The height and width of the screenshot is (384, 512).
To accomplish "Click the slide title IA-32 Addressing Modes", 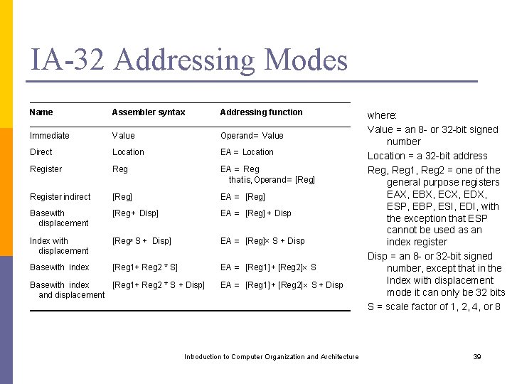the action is [188, 60].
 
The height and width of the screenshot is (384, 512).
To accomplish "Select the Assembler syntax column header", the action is [149, 112].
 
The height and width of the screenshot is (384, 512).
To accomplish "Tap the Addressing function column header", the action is [261, 112].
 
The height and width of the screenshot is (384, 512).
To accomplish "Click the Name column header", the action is [41, 112].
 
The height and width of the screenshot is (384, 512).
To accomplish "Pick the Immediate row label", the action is [50, 136].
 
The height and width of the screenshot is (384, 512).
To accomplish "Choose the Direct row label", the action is [41, 152].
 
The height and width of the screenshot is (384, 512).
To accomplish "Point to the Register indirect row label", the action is [60, 197].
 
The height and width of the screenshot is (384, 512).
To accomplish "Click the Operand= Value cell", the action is [252, 136].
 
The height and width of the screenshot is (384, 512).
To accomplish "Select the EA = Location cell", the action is [247, 152].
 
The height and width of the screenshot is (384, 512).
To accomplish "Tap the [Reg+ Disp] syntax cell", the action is [135, 213].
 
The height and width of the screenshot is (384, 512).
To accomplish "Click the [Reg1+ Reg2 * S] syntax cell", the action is [145, 267].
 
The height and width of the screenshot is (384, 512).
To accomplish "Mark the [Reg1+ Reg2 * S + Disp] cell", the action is [159, 285].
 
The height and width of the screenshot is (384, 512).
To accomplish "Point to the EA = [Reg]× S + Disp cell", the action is [262, 241].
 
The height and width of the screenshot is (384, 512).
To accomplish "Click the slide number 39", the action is [477, 357].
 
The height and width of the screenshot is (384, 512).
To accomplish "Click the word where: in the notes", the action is [382, 115].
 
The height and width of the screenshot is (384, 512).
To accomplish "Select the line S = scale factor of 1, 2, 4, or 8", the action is [434, 307].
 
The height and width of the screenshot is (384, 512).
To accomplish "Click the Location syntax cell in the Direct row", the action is [128, 152].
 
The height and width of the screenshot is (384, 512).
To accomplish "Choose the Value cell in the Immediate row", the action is [123, 136].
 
